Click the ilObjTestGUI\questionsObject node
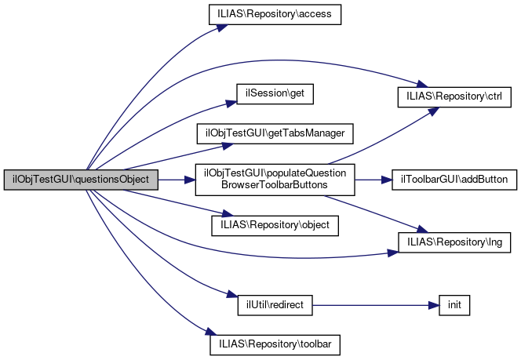pos(82,180)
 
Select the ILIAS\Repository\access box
pos(274,16)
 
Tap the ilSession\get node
pos(275,93)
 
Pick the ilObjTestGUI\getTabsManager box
pos(274,133)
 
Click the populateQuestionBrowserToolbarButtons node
pos(274,180)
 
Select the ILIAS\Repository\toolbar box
pos(274,343)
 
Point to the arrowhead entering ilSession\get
pos(232,101)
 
